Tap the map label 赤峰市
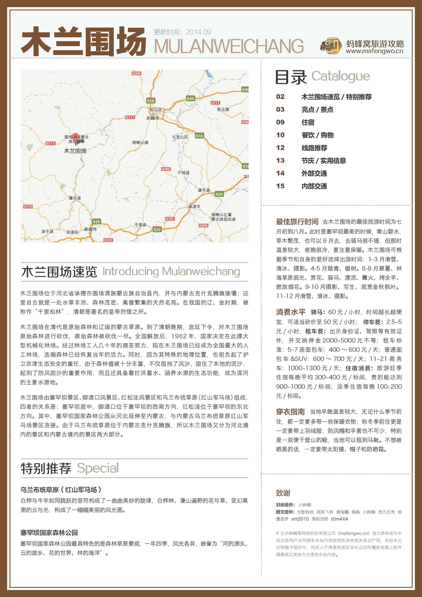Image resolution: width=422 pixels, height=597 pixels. click(153, 118)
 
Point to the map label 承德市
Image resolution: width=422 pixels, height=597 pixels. click(90, 229)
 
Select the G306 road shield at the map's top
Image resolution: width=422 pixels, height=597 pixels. click(136, 74)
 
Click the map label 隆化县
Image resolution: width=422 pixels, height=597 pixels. click(75, 198)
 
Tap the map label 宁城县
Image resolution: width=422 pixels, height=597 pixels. click(184, 173)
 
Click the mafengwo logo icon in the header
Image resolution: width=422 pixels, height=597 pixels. click(331, 46)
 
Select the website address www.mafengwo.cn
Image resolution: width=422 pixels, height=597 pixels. click(374, 52)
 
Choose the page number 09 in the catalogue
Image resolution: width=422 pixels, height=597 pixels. click(280, 122)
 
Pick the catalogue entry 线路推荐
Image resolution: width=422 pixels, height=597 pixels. click(314, 148)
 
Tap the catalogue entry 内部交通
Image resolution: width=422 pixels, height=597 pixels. click(314, 186)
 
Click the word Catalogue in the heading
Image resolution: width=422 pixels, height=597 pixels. click(340, 76)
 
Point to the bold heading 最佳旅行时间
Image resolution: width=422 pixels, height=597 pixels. click(297, 222)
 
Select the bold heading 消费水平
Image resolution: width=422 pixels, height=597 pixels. click(290, 312)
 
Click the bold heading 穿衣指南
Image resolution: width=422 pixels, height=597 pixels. click(290, 412)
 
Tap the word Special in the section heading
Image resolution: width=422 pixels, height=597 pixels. click(98, 468)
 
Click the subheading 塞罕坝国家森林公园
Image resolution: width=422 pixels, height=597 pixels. click(49, 533)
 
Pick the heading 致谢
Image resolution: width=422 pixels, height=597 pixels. click(283, 493)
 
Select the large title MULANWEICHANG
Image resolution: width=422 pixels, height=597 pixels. click(229, 46)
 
